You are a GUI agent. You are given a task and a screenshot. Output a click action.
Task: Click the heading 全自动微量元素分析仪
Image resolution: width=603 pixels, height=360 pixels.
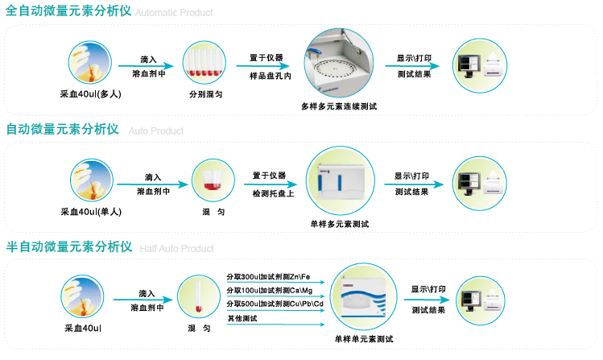point(68,12)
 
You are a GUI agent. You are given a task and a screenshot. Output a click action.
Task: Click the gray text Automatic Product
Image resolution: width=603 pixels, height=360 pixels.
point(175,14)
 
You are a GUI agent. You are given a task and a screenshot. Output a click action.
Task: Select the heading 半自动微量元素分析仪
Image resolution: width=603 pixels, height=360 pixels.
point(69,246)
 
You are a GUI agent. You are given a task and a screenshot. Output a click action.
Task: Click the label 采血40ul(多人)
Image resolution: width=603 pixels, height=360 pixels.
point(90,94)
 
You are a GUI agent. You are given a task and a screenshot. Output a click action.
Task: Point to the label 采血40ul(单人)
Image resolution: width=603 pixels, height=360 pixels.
point(90,212)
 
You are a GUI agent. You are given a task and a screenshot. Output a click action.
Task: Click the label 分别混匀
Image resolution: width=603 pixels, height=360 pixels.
point(206,94)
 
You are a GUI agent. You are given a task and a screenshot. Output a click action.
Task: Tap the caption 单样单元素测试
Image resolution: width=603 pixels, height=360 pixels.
point(363,338)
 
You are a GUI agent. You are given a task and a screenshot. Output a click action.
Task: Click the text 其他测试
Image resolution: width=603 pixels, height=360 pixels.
point(242,318)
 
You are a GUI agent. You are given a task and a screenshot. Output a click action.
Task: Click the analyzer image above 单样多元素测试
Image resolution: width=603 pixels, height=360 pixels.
point(343,183)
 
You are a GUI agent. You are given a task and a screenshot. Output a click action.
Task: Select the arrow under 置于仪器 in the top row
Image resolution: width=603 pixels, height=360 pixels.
point(265,67)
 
